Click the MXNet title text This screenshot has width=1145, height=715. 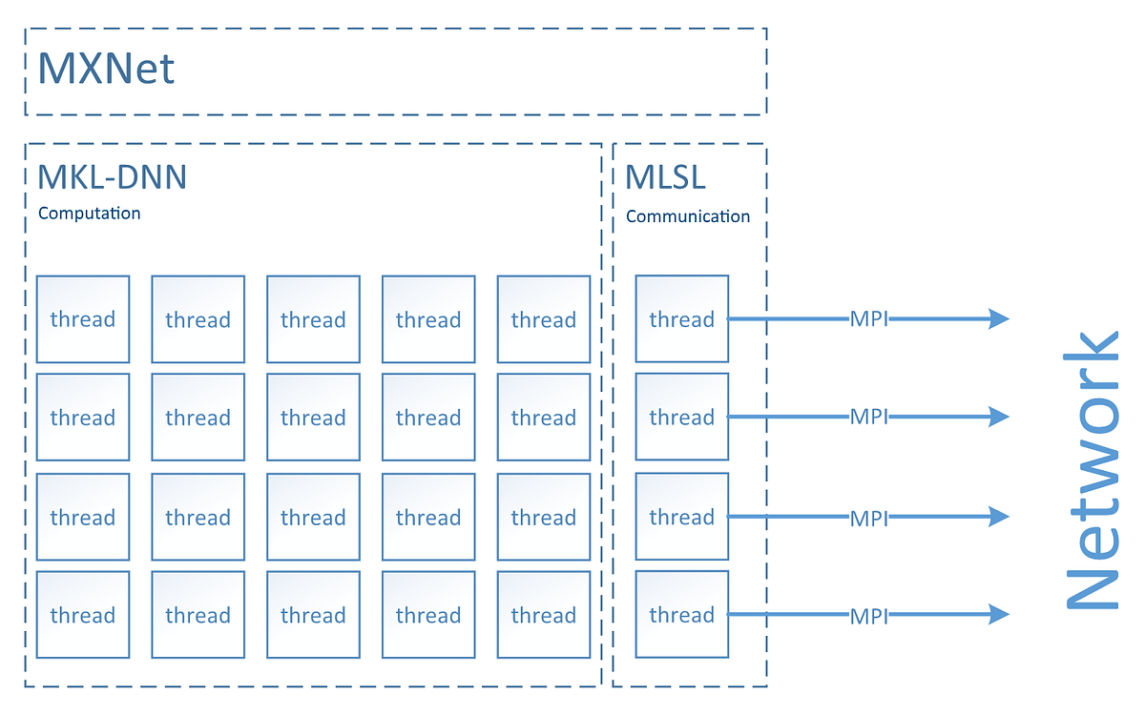[x=106, y=69]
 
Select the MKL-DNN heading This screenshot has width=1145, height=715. [x=112, y=176]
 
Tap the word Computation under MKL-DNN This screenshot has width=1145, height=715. [x=89, y=214]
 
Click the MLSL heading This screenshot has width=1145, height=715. [x=665, y=176]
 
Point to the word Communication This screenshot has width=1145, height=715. [x=687, y=216]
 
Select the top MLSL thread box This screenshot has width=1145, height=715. [x=681, y=318]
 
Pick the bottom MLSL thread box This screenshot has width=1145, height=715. [x=681, y=614]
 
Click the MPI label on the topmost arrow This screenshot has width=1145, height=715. [x=868, y=319]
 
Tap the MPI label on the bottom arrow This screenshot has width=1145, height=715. [x=868, y=616]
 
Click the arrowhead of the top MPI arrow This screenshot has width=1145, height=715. [x=998, y=319]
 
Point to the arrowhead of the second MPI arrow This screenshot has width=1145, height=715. [x=998, y=417]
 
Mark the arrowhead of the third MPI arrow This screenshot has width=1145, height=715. [x=998, y=517]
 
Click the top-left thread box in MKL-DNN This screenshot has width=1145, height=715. [x=83, y=318]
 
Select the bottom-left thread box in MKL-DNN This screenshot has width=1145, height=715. [x=83, y=614]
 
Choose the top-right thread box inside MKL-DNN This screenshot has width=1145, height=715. [x=543, y=318]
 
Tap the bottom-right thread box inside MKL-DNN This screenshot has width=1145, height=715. [x=543, y=614]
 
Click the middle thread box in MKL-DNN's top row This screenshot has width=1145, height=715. [x=313, y=318]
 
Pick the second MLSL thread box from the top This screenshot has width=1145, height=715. [x=681, y=417]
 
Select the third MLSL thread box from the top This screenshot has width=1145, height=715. [x=681, y=517]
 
